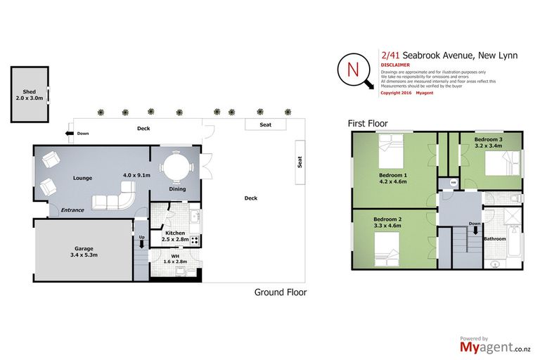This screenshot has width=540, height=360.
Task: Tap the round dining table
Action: [173, 168]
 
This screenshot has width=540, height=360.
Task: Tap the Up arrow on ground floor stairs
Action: [142, 241]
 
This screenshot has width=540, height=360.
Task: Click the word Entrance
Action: [72, 210]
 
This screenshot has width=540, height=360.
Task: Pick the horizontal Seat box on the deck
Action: [266, 124]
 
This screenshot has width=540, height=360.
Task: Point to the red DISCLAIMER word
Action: [395, 65]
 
